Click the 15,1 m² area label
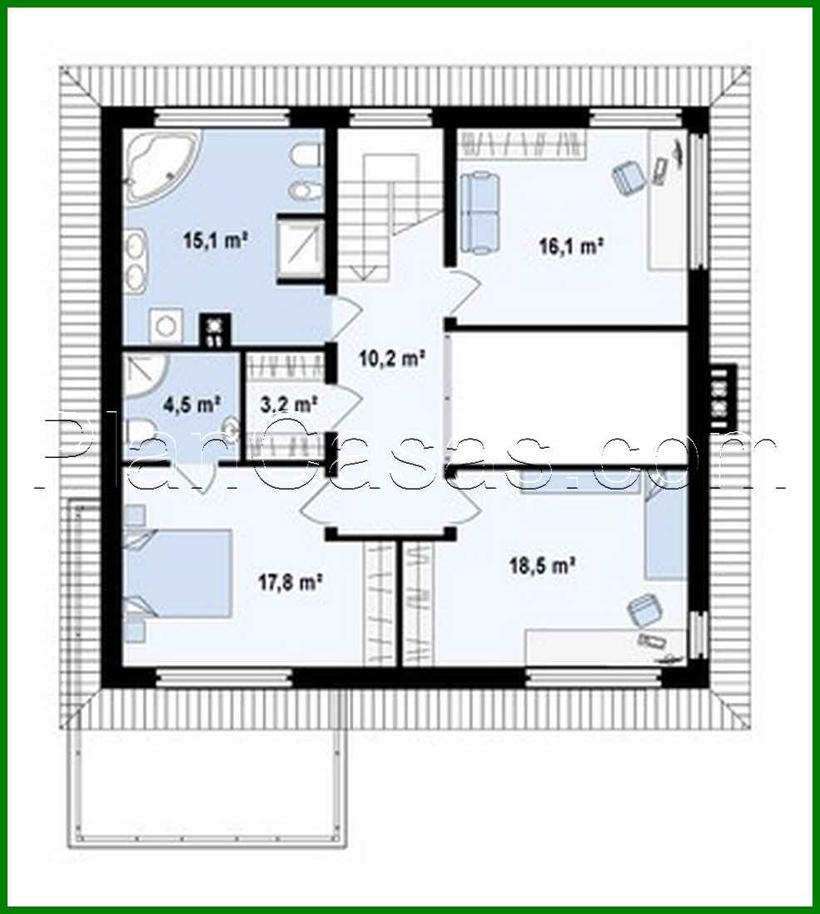click(216, 240)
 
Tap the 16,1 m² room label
click(570, 246)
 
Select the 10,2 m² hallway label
click(391, 358)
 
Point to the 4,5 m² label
click(191, 404)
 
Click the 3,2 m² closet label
click(289, 404)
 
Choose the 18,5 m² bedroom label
click(543, 564)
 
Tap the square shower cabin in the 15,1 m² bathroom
click(301, 249)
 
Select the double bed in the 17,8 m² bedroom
click(178, 573)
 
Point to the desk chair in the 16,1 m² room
click(627, 176)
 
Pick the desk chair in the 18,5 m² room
click(644, 610)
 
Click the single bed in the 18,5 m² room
click(664, 534)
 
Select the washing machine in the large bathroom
click(166, 325)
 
